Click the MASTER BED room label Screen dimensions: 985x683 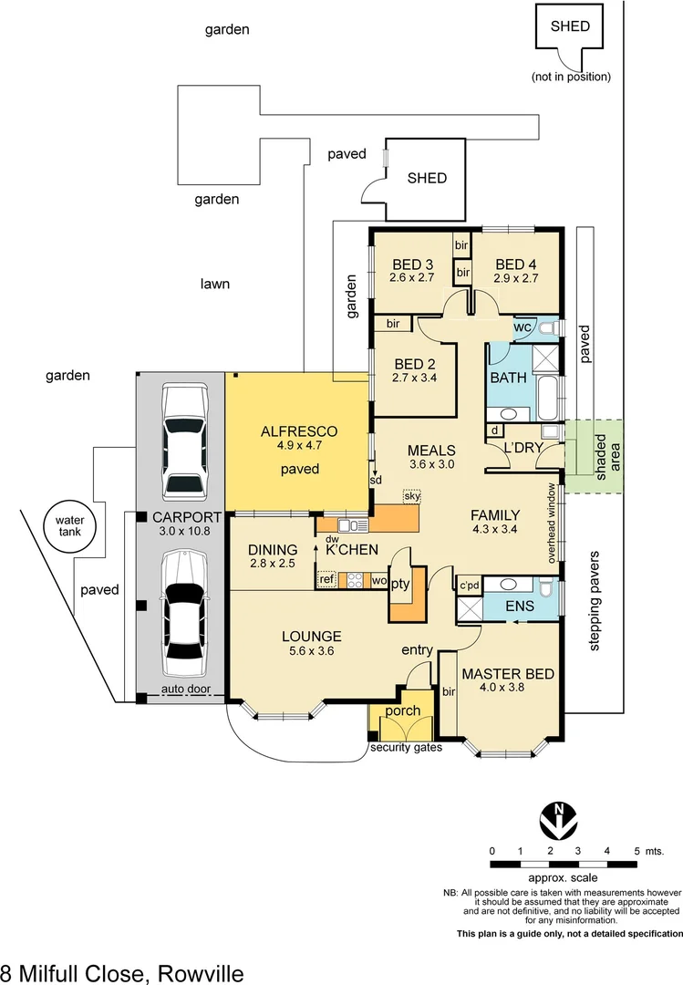(507, 674)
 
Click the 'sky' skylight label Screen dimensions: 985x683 (413, 495)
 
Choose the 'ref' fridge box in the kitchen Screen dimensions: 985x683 (326, 579)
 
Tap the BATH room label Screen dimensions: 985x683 (508, 377)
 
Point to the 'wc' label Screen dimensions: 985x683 (522, 327)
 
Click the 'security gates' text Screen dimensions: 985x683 (406, 748)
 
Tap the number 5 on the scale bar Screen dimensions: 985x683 (636, 850)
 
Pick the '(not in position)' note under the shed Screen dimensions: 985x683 (571, 77)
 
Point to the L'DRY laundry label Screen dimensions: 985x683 (524, 448)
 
